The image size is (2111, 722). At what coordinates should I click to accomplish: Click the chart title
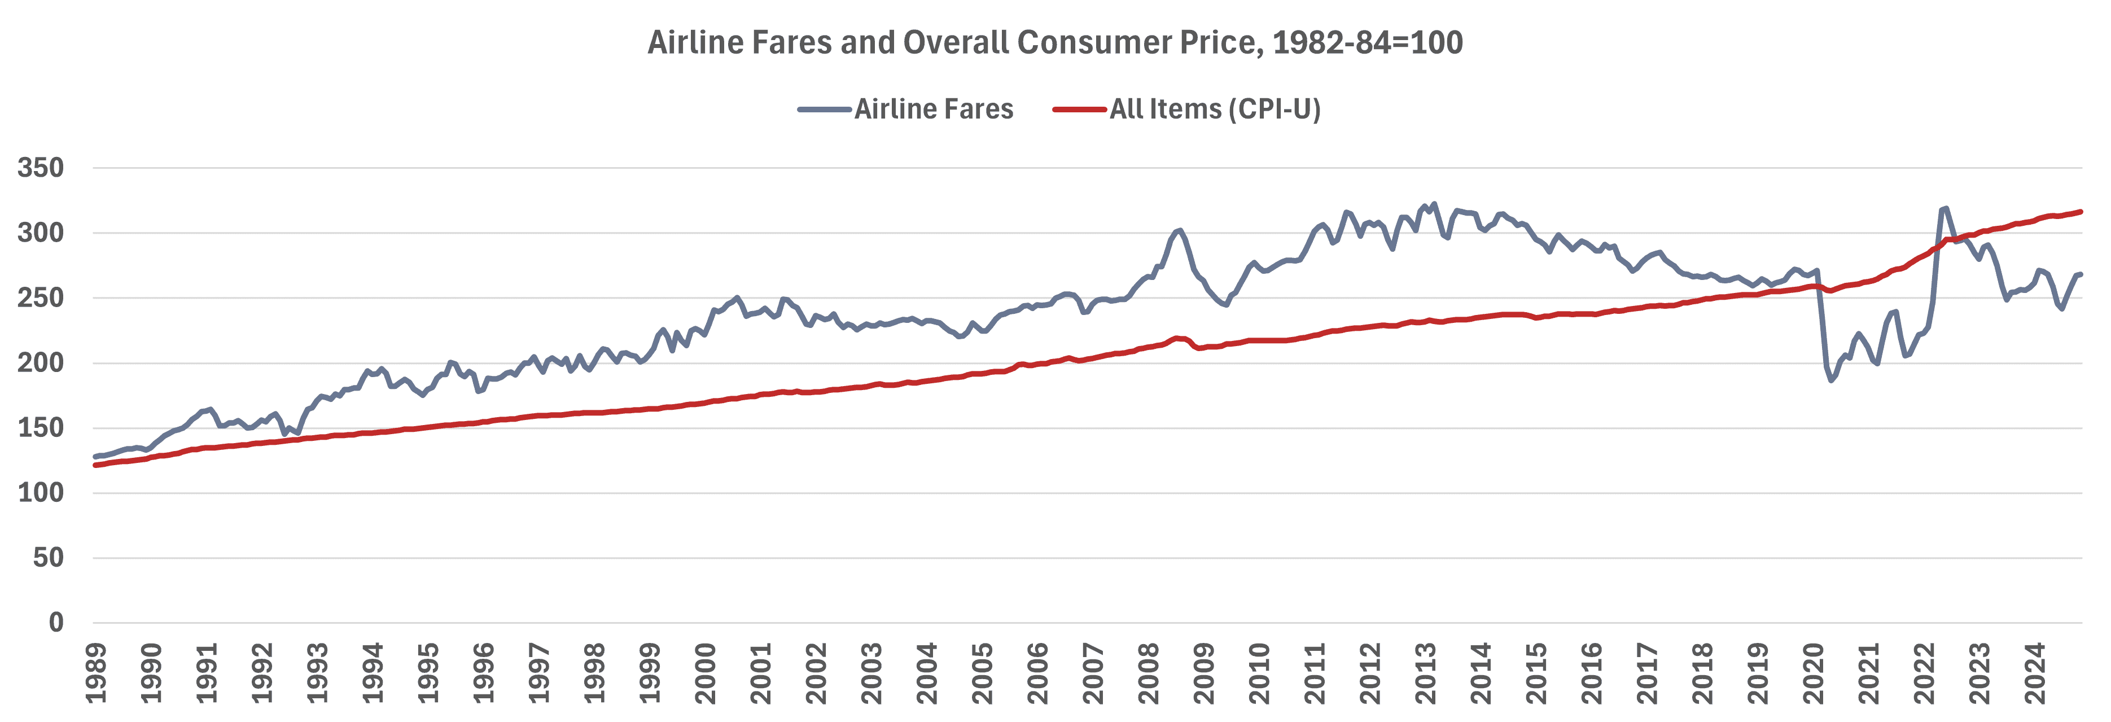click(x=1055, y=42)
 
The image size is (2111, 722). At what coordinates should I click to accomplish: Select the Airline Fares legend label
click(x=934, y=109)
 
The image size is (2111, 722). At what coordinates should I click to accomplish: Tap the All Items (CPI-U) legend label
click(x=1215, y=109)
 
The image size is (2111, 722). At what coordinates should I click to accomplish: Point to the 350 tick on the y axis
click(x=41, y=168)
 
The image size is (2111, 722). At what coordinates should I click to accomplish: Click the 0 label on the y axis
click(x=56, y=623)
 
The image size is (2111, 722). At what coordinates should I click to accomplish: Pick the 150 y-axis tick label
click(x=41, y=428)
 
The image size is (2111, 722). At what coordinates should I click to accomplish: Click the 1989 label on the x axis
click(x=97, y=673)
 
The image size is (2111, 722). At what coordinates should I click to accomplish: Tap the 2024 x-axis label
click(x=2035, y=673)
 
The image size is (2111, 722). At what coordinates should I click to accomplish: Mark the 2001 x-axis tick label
click(x=761, y=673)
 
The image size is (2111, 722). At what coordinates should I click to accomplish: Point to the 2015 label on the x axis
click(x=1536, y=673)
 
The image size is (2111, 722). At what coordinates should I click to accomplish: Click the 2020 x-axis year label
click(x=1814, y=673)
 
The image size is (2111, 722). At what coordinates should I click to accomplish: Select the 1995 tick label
click(x=428, y=673)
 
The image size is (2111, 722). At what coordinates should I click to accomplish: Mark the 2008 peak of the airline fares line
click(x=1179, y=230)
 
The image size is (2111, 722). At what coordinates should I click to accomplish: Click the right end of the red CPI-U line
click(x=2081, y=212)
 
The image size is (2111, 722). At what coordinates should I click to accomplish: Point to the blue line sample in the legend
click(x=825, y=109)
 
